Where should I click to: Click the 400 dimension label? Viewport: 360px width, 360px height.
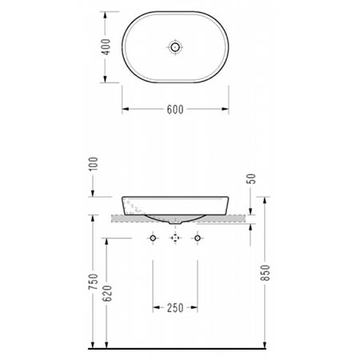(x=106, y=47)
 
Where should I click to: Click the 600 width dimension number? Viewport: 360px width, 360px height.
(x=175, y=110)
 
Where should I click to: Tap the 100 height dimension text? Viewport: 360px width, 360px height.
(x=94, y=164)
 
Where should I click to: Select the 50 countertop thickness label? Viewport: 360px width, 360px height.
(x=251, y=178)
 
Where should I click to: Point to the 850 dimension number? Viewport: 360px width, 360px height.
(x=266, y=273)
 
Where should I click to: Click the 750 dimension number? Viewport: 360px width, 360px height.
(x=94, y=282)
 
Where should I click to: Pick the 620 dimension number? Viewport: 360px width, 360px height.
(x=107, y=294)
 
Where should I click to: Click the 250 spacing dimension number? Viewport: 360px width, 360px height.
(x=175, y=308)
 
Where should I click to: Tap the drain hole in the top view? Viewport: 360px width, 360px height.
(x=175, y=47)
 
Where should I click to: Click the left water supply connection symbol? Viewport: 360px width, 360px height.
(x=153, y=238)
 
